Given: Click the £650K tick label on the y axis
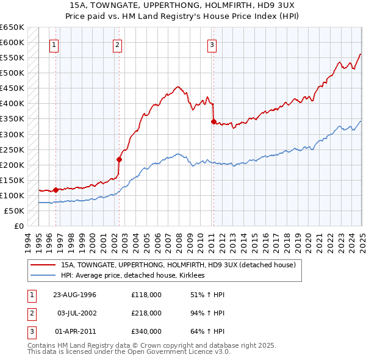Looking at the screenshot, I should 12,27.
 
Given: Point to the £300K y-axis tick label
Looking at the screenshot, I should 12,134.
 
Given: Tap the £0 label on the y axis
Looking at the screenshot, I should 18,226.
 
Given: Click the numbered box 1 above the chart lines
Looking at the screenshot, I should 54,44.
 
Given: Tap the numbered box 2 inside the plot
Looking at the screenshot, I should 117,44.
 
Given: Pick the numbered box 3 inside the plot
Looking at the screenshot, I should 212,44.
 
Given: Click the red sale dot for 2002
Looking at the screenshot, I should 120,159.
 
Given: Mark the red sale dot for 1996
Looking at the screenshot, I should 56,190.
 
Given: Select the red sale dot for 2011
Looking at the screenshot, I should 213,121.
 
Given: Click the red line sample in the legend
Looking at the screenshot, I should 43,265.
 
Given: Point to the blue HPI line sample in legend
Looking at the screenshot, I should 43,275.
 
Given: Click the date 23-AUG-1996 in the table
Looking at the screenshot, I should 75,295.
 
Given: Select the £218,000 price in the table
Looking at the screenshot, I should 146,313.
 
